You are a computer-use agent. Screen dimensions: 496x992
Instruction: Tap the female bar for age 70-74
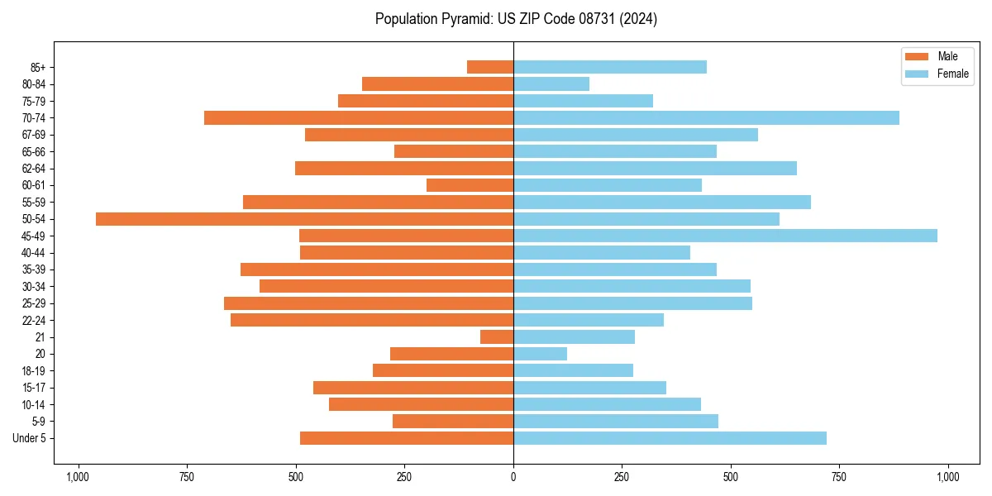706,118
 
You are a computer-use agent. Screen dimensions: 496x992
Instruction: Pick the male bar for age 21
497,337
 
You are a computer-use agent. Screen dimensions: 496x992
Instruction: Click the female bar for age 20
540,354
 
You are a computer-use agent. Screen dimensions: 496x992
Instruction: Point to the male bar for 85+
490,67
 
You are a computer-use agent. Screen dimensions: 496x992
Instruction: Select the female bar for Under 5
670,438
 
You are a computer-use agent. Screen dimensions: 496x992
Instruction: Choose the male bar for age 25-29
369,303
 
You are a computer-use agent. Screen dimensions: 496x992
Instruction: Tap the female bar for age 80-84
551,84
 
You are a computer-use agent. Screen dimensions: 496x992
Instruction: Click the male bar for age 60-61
470,185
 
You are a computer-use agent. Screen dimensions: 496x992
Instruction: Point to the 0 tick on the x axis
513,477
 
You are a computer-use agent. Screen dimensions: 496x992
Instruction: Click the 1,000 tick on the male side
79,477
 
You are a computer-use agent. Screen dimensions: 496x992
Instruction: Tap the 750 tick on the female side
839,477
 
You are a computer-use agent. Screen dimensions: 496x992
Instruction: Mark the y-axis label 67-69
34,135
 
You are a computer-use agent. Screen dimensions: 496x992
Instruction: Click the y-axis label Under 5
29,438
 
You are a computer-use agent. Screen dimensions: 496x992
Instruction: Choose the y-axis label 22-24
34,321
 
